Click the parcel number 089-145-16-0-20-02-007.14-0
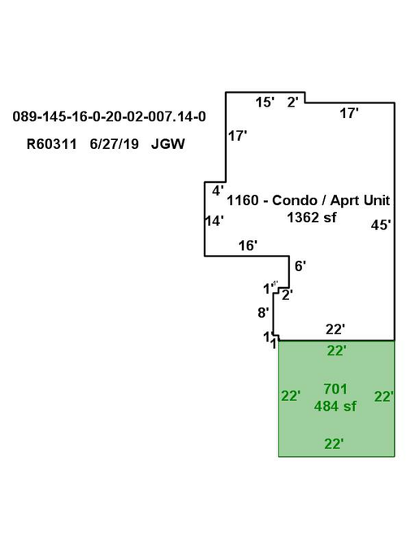(x=109, y=116)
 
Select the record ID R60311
(x=51, y=144)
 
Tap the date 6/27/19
(x=115, y=144)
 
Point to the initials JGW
(x=168, y=144)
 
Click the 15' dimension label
(x=265, y=102)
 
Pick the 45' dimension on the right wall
(x=381, y=224)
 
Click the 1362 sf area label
(x=312, y=217)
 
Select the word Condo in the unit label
(x=295, y=200)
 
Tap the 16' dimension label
(x=248, y=246)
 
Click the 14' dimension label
(x=214, y=221)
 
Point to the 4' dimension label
(x=218, y=191)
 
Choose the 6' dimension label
(x=301, y=266)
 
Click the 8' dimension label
(x=263, y=312)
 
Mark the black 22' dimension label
(x=335, y=329)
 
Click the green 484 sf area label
(x=335, y=406)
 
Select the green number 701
(x=335, y=389)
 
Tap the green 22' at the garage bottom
(x=334, y=444)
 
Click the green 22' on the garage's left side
(x=291, y=396)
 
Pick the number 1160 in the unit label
(x=243, y=200)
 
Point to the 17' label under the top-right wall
(x=349, y=113)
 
